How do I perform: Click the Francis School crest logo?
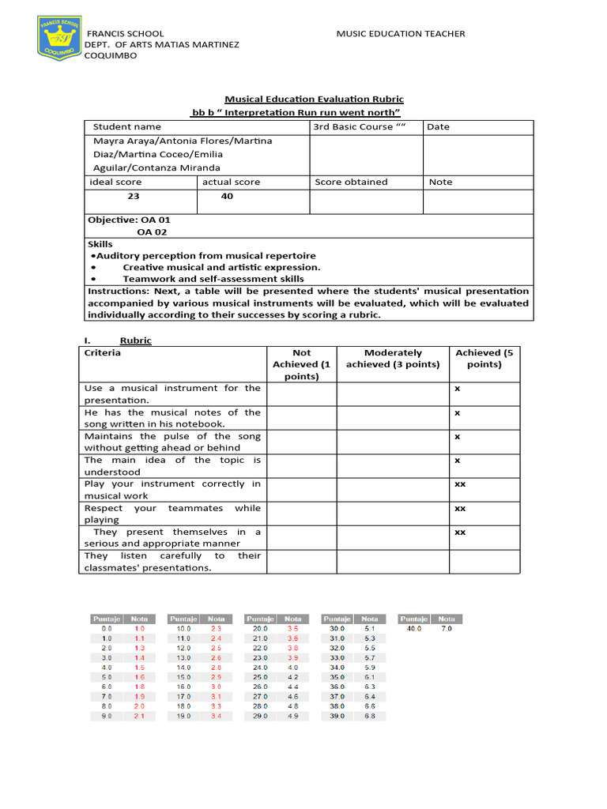[x=60, y=40]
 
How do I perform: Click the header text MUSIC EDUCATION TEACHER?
[x=400, y=33]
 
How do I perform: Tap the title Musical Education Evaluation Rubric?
[x=314, y=99]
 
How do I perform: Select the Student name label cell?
[x=126, y=126]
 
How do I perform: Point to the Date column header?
[x=438, y=126]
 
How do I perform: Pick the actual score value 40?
[x=227, y=196]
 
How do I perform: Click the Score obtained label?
[x=351, y=182]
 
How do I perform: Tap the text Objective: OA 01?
[x=129, y=220]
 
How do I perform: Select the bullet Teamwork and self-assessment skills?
[x=213, y=279]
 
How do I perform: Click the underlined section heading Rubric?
[x=135, y=341]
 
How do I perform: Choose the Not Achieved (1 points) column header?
[x=301, y=364]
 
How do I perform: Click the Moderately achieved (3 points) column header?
[x=393, y=359]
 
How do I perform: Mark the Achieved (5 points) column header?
[x=484, y=359]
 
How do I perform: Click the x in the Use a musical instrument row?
[x=457, y=389]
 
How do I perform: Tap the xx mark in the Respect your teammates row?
[x=459, y=509]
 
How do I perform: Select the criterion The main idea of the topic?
[x=172, y=465]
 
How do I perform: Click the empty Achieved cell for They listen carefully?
[x=484, y=562]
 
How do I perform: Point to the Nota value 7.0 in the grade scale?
[x=447, y=628]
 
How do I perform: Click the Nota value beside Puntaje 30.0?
[x=370, y=628]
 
